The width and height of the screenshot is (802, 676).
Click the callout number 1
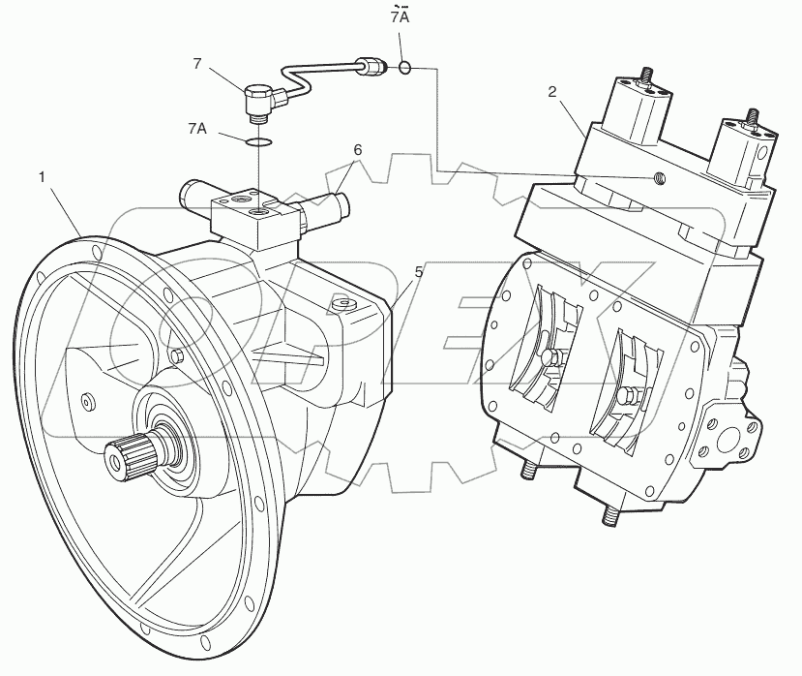pyautogui.click(x=42, y=176)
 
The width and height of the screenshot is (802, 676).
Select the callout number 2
pyautogui.click(x=552, y=92)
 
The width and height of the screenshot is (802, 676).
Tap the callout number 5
pyautogui.click(x=419, y=273)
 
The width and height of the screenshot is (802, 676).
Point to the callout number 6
pyautogui.click(x=357, y=150)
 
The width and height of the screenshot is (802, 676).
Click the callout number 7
pyautogui.click(x=196, y=64)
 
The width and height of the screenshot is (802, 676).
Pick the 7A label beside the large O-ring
pyautogui.click(x=196, y=128)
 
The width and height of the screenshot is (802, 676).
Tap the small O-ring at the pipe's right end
pyautogui.click(x=405, y=68)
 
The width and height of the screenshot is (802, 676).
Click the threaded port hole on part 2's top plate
pyautogui.click(x=657, y=177)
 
